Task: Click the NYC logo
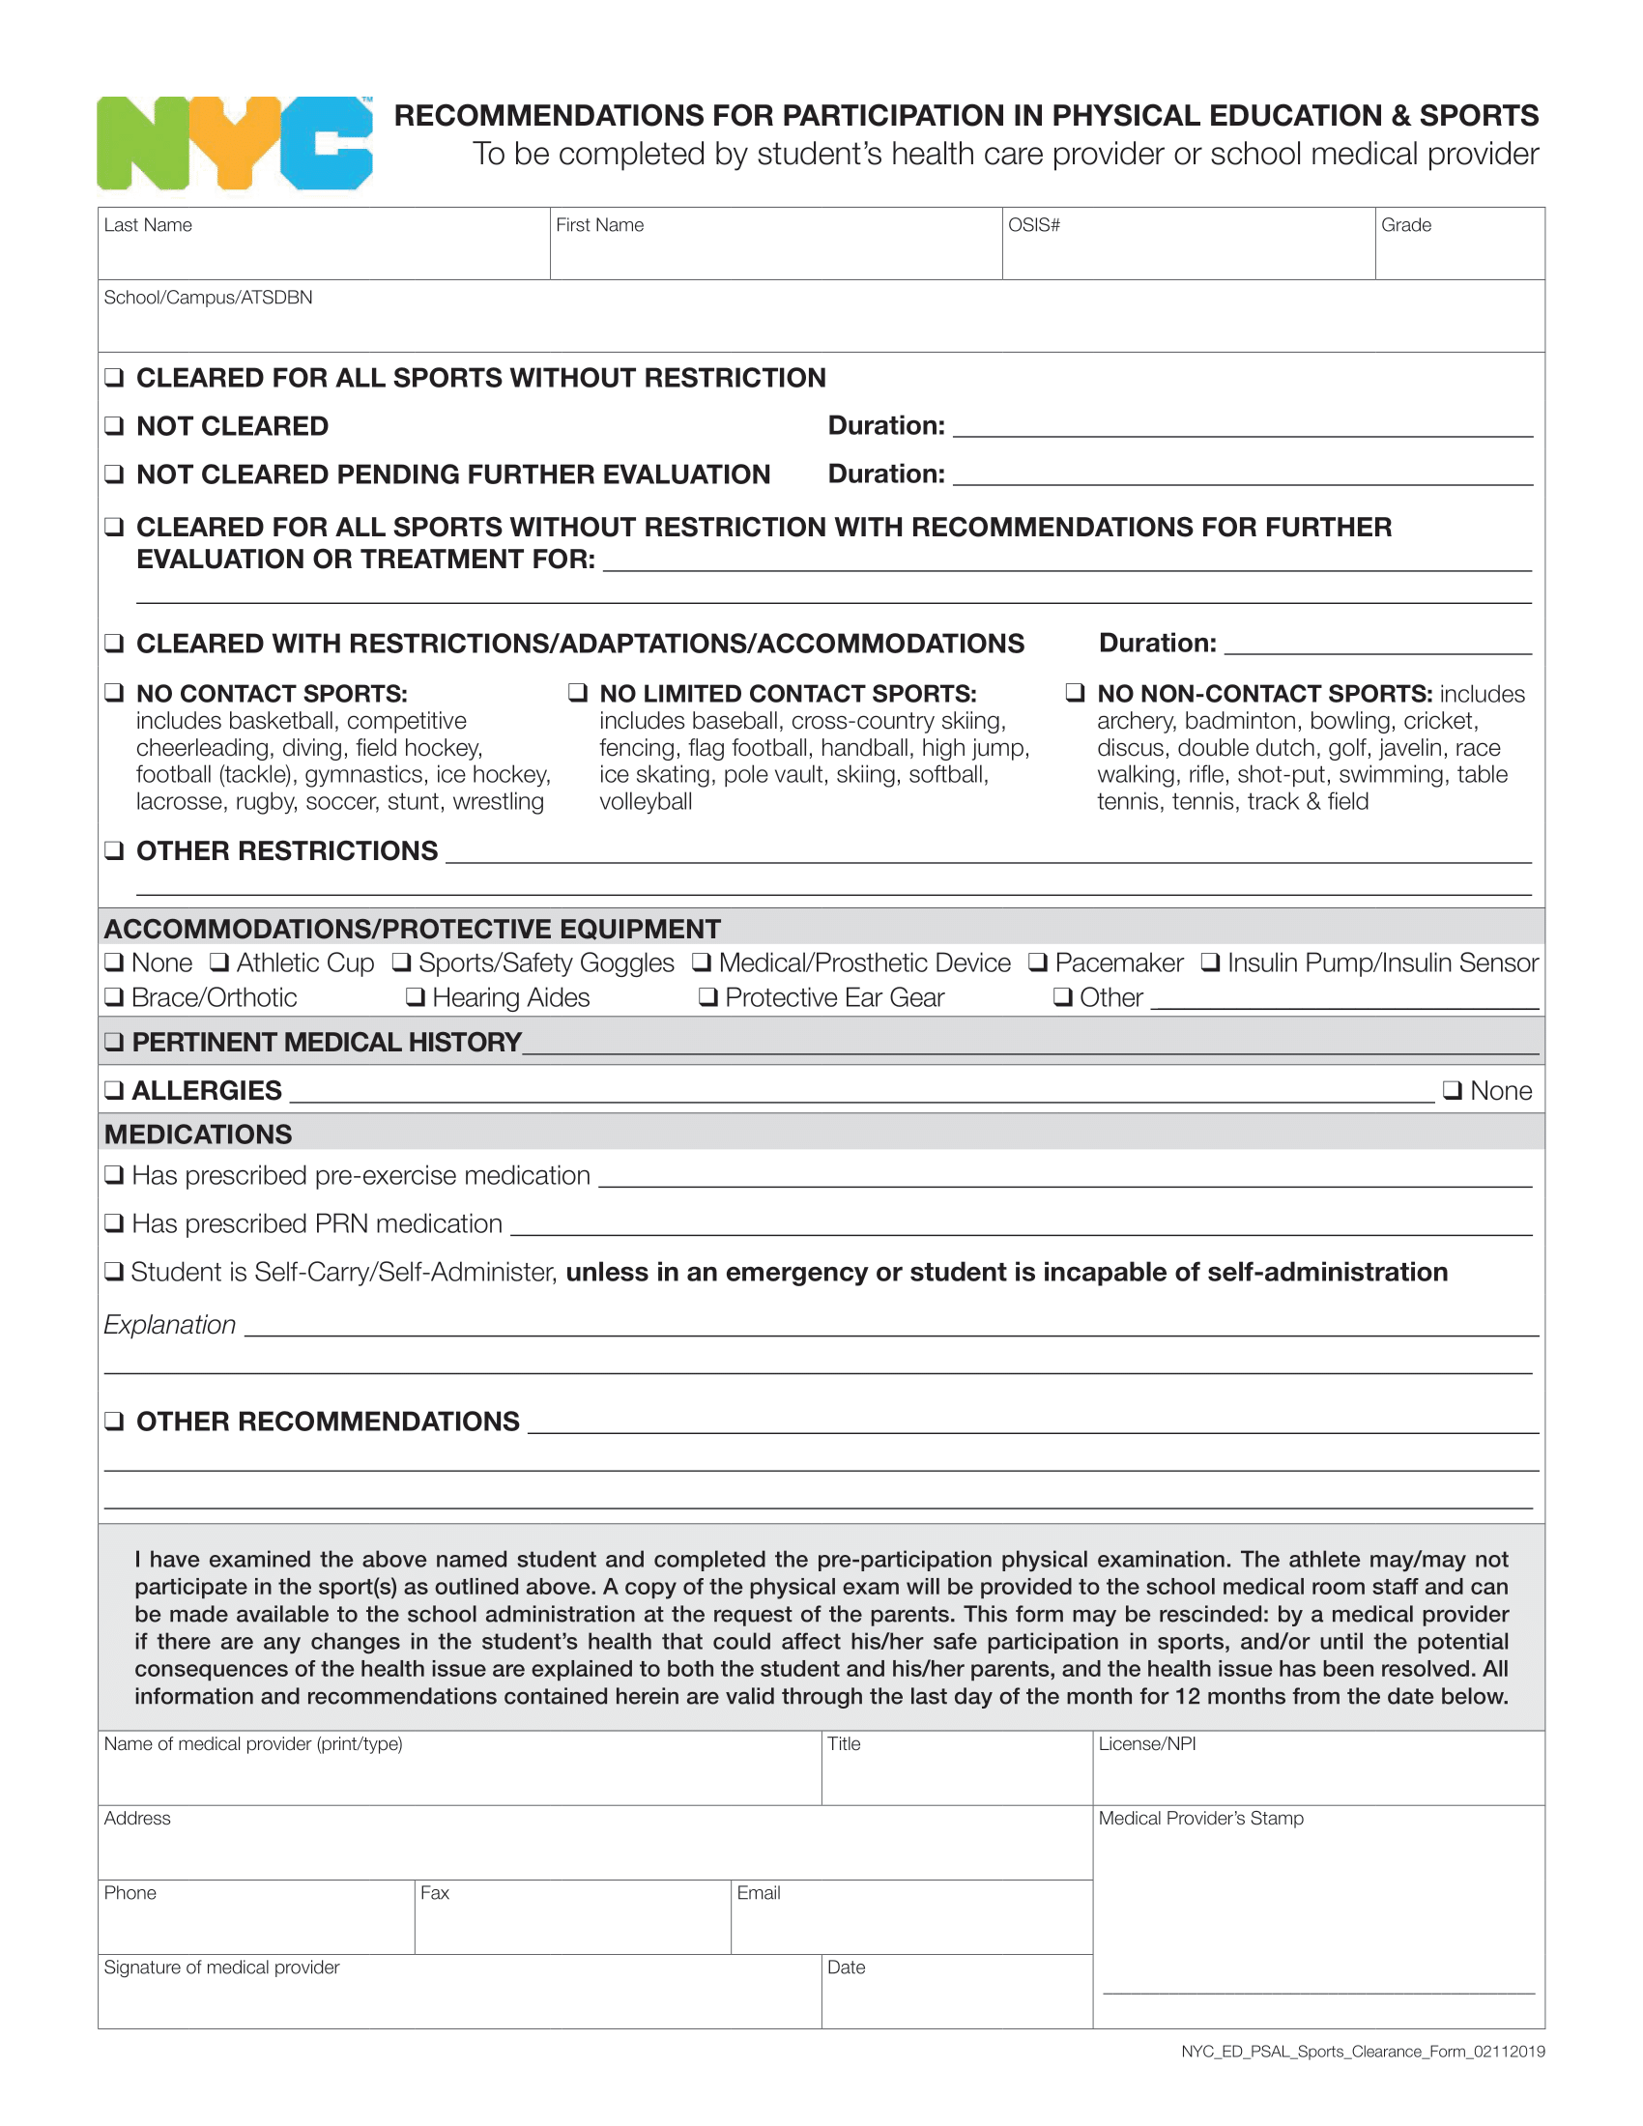[x=234, y=143]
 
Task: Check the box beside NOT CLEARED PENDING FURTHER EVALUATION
[x=115, y=474]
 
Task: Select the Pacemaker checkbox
[x=1039, y=962]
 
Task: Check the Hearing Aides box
[x=416, y=997]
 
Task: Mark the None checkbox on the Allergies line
[x=1453, y=1090]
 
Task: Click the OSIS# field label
[x=1034, y=225]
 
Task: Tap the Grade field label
[x=1405, y=225]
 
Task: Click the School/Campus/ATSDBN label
[x=209, y=297]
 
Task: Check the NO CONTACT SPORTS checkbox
[x=115, y=693]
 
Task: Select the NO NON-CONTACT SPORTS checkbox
[x=1075, y=693]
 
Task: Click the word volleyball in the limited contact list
[x=646, y=801]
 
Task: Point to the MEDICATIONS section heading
[x=198, y=1135]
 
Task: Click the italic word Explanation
[x=170, y=1325]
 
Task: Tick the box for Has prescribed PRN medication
[x=115, y=1223]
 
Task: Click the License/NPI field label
[x=1146, y=1743]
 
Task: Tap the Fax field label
[x=434, y=1892]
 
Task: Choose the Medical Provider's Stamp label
[x=1200, y=1818]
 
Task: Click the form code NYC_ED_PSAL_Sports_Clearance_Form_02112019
[x=1363, y=2051]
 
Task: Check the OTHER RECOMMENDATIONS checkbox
[x=115, y=1422]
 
